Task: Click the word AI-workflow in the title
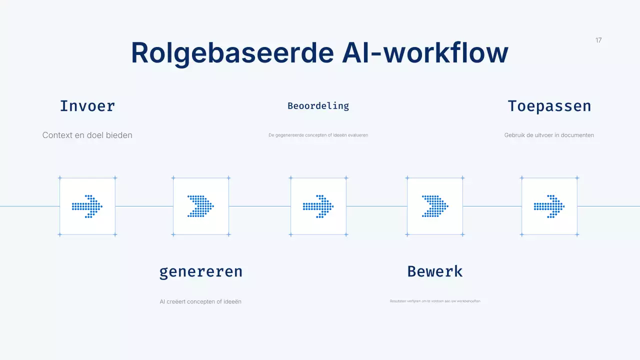point(425,53)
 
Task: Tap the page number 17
point(598,40)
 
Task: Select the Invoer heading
point(87,106)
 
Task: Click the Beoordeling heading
point(318,106)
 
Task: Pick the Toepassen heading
point(549,106)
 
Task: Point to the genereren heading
point(201,271)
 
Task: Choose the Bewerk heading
point(434,271)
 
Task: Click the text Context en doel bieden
point(87,135)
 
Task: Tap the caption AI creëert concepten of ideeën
point(200,301)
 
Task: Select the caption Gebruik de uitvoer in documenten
point(549,135)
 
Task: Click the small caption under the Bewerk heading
point(435,301)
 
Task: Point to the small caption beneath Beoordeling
point(318,135)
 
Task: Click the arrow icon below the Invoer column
point(87,206)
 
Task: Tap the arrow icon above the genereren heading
point(201,206)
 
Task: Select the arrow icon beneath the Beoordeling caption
point(318,206)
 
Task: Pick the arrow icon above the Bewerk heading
point(435,206)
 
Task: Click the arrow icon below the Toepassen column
point(549,206)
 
